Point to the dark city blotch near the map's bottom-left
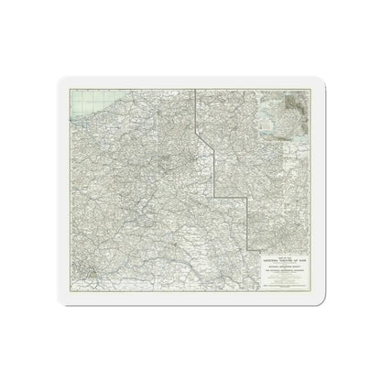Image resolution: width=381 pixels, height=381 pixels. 83,274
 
